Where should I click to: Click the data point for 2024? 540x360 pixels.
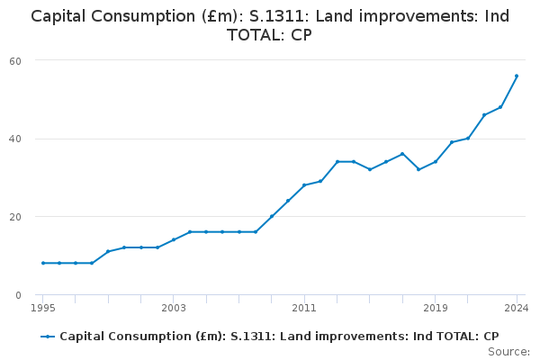[x=517, y=76]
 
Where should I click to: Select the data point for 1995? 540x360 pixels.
[x=42, y=263]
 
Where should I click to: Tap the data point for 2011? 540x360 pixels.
[x=304, y=185]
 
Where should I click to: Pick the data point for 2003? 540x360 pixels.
[x=174, y=240]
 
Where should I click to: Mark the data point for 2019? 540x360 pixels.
[x=436, y=162]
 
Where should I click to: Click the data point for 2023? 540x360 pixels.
[x=500, y=107]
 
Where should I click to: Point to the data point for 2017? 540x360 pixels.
[x=402, y=154]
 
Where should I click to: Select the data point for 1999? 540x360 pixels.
[x=108, y=251]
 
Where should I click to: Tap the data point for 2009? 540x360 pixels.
[x=272, y=216]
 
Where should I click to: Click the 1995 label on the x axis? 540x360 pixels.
[x=42, y=308]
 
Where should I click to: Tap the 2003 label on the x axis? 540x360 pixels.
[x=174, y=308]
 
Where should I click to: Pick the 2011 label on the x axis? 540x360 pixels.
[x=304, y=308]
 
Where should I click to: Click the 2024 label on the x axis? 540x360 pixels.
[x=516, y=308]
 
